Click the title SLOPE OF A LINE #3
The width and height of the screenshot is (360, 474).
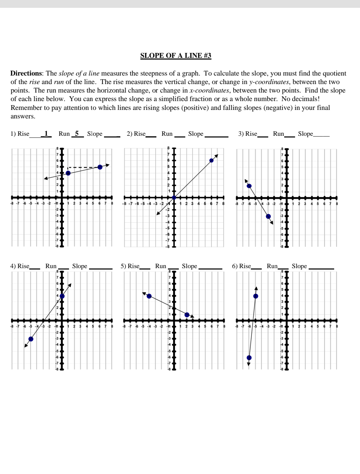coord(176,55)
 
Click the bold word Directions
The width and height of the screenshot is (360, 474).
coord(26,73)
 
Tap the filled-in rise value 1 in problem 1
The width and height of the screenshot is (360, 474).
coord(46,133)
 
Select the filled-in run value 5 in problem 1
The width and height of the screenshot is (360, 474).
coord(77,133)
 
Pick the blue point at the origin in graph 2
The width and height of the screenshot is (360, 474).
coord(174,198)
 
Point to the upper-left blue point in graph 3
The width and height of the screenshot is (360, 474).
coord(249,186)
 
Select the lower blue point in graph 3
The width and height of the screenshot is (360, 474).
coord(268,216)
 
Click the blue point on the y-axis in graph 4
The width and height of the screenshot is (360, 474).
coord(62,296)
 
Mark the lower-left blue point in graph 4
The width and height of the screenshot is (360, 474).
coord(31,339)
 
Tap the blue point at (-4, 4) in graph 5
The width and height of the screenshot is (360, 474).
coord(149,296)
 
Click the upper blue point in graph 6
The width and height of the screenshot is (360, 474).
coord(256,296)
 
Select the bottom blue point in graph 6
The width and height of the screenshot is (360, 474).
coord(249,358)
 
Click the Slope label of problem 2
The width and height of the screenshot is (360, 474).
coord(196,134)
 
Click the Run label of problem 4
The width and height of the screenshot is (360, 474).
coord(51,266)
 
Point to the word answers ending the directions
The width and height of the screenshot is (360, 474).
coord(23,116)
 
